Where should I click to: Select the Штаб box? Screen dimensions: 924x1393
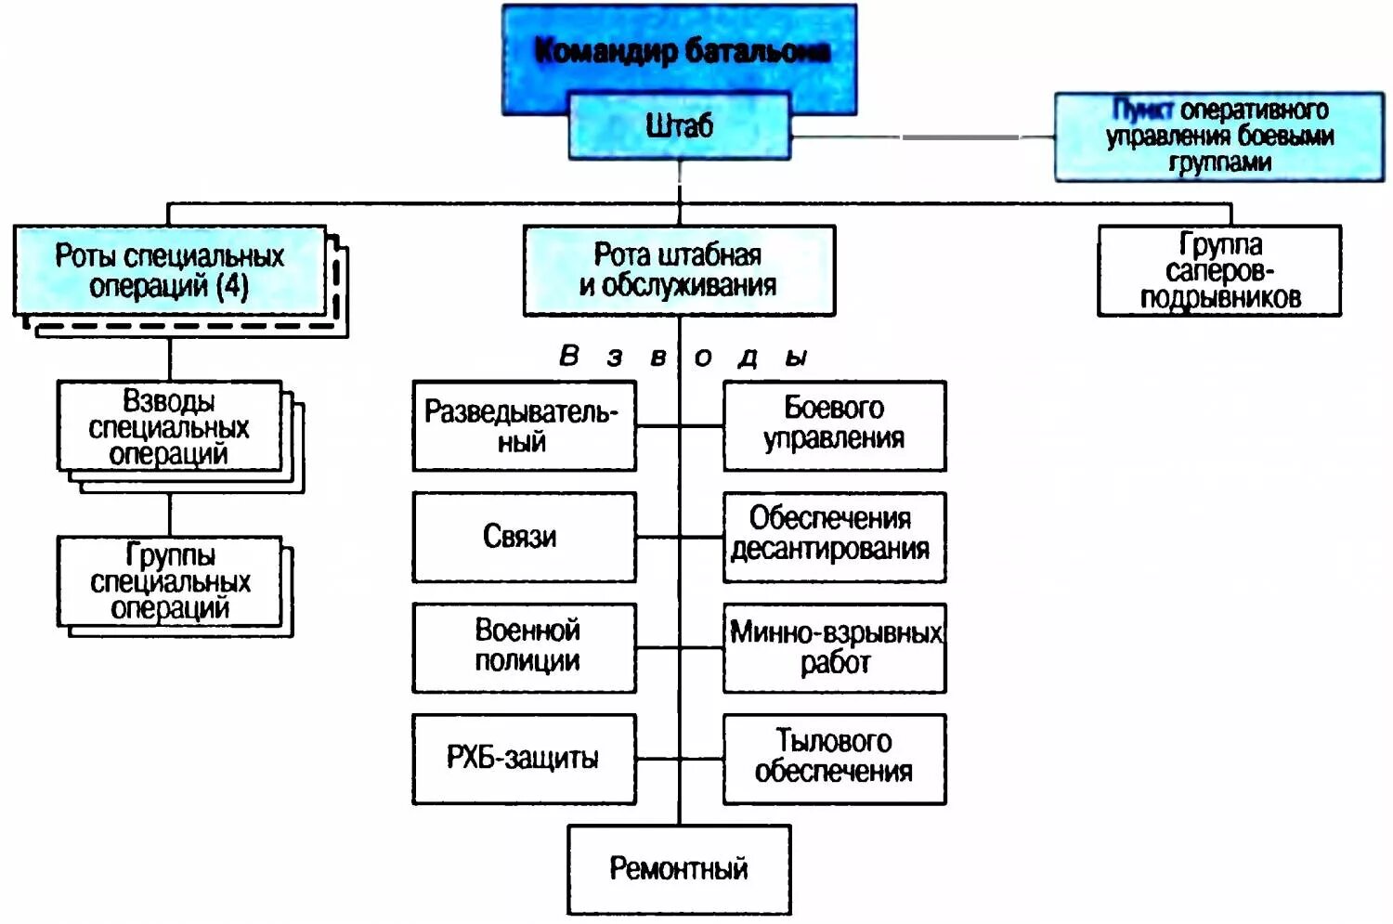tap(679, 126)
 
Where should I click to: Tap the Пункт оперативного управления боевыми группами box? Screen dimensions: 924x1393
tap(1218, 137)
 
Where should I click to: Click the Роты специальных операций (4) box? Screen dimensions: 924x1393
tap(170, 270)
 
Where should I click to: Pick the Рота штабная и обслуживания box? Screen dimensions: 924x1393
tap(679, 270)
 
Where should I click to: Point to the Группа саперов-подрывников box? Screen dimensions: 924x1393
tap(1218, 270)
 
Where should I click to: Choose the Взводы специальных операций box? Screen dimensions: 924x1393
tap(169, 426)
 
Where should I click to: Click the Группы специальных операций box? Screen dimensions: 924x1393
tap(169, 581)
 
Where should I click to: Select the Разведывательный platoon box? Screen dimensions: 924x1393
tap(524, 426)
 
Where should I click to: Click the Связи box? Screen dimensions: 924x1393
tap(524, 537)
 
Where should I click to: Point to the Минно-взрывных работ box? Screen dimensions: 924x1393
tap(834, 647)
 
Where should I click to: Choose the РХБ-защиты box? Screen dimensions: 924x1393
tap(524, 759)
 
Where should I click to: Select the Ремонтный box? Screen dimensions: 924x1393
tap(679, 869)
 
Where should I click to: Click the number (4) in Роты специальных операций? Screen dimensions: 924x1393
tap(232, 286)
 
